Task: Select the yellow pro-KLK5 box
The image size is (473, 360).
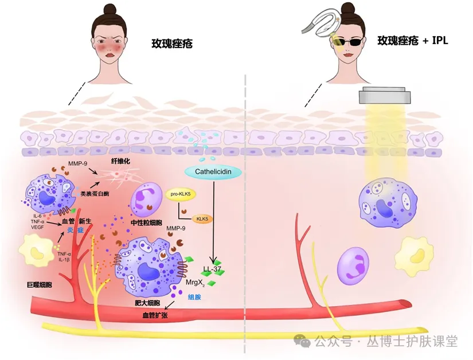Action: [181, 194]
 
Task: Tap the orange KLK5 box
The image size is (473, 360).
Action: [202, 219]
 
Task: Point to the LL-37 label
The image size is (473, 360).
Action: [213, 268]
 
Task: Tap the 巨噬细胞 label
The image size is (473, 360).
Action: [40, 284]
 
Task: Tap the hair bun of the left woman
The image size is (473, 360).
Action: [111, 7]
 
